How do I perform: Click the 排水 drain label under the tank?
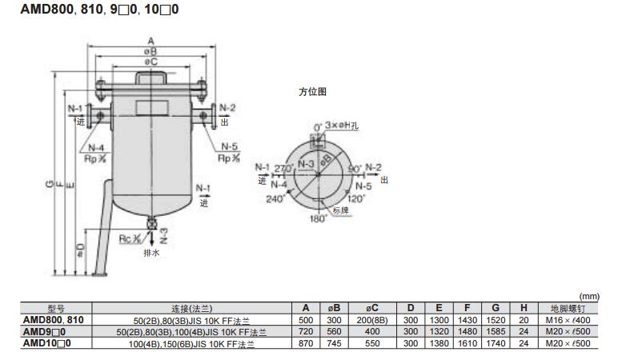(x=151, y=253)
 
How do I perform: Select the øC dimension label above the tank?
(x=150, y=62)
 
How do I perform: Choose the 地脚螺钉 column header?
(x=572, y=308)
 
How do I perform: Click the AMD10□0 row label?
(x=45, y=342)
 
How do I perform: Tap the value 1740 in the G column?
(x=497, y=342)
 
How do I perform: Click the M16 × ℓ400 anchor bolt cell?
(x=572, y=319)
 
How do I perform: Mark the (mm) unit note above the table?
(x=600, y=296)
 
